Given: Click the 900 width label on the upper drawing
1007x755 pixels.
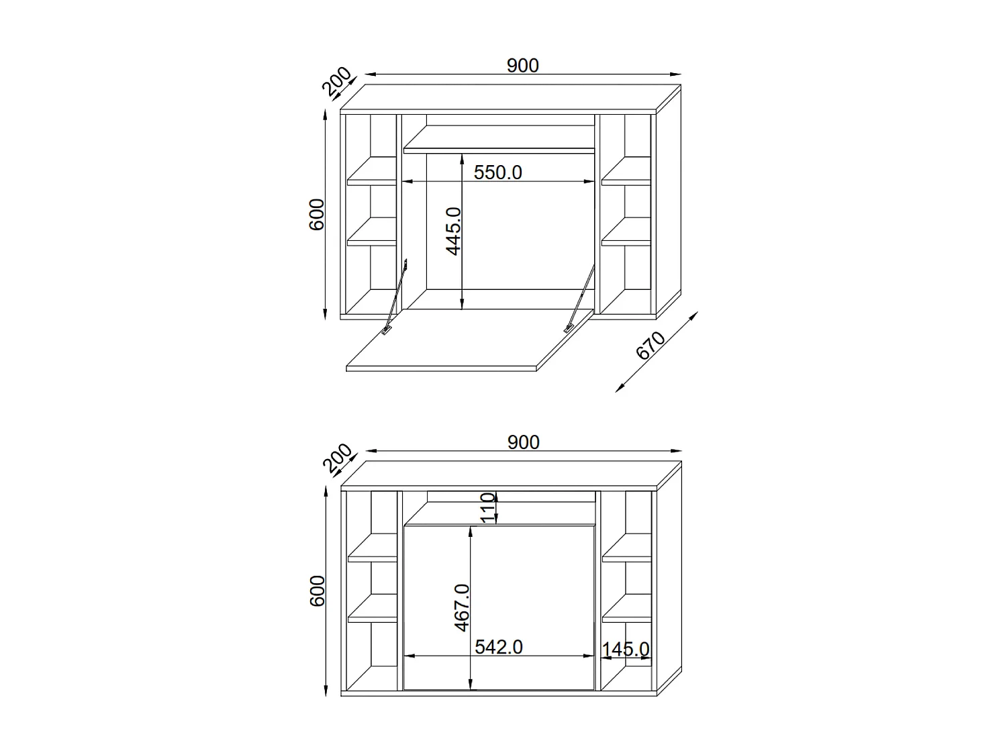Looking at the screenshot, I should tap(522, 65).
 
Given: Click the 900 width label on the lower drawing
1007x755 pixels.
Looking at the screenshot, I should tap(523, 442).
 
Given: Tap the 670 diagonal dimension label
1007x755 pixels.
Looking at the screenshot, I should tap(650, 346).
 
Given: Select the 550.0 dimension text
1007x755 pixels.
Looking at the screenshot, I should tap(497, 172).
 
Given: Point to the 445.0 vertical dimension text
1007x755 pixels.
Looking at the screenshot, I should tap(454, 231).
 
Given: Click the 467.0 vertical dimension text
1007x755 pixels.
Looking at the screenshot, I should tap(462, 607).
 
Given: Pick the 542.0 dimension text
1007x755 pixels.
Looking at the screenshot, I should tap(498, 647).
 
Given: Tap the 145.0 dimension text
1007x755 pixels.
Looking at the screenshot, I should tap(625, 650).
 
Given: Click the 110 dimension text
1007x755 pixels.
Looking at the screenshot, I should tap(489, 507).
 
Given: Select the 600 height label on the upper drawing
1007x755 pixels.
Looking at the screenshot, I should tap(317, 214).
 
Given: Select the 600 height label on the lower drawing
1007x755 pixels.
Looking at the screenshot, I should tap(317, 591).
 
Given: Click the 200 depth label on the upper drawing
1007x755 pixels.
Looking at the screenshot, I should tap(336, 82).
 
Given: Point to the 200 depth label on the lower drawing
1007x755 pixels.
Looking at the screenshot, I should tap(336, 459).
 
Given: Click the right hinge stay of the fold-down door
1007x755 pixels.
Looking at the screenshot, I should tap(580, 299).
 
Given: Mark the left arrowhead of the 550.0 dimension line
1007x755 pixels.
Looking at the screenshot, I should tap(407, 181).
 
